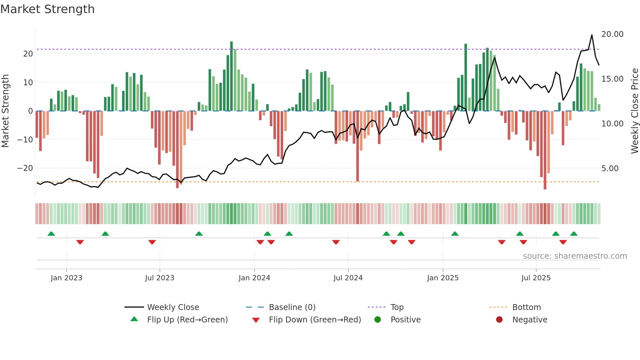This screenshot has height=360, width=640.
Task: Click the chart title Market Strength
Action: (x=47, y=9)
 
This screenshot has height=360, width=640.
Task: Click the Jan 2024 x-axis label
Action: (x=254, y=278)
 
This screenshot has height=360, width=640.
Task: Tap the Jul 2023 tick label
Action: (x=160, y=278)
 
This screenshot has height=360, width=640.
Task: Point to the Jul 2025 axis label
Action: (x=536, y=278)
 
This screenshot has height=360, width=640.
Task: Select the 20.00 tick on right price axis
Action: (x=612, y=34)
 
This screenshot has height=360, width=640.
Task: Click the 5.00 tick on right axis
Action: (x=610, y=169)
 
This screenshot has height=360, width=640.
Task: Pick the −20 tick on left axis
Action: (x=25, y=168)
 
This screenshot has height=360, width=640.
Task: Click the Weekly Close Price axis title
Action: (x=634, y=111)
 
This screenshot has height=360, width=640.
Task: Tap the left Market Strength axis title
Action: (x=6, y=111)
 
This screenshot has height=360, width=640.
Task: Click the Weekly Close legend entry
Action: (x=173, y=307)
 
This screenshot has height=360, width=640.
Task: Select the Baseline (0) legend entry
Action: (x=292, y=307)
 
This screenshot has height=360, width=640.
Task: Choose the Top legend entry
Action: (x=397, y=307)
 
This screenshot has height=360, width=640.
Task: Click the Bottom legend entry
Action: (x=526, y=307)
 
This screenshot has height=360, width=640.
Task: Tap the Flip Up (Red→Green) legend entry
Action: (x=187, y=320)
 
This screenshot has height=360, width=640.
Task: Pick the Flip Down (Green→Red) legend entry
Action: (x=315, y=320)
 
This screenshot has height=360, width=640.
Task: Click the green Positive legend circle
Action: (x=378, y=320)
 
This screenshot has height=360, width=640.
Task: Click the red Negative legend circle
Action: (x=499, y=320)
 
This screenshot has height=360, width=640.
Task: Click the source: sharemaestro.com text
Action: (x=575, y=256)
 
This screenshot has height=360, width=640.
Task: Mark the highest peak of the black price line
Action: (x=592, y=35)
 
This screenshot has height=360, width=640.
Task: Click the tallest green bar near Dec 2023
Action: (x=232, y=76)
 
